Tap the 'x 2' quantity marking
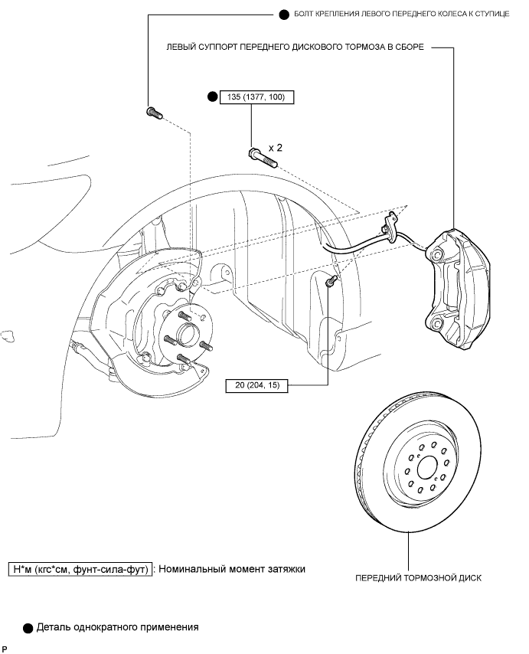pyautogui.click(x=275, y=148)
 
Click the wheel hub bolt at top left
pyautogui.click(x=154, y=113)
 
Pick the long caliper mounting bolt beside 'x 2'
pyautogui.click(x=263, y=158)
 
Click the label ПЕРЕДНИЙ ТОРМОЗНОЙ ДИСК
pyautogui.click(x=418, y=578)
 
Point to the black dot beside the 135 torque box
pyautogui.click(x=213, y=97)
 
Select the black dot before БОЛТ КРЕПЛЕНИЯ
pyautogui.click(x=284, y=15)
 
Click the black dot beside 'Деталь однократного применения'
pyautogui.click(x=28, y=628)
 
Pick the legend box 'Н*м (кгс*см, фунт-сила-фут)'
pyautogui.click(x=80, y=569)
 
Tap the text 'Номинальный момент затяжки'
pyautogui.click(x=232, y=568)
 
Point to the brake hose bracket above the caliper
pyautogui.click(x=390, y=226)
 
